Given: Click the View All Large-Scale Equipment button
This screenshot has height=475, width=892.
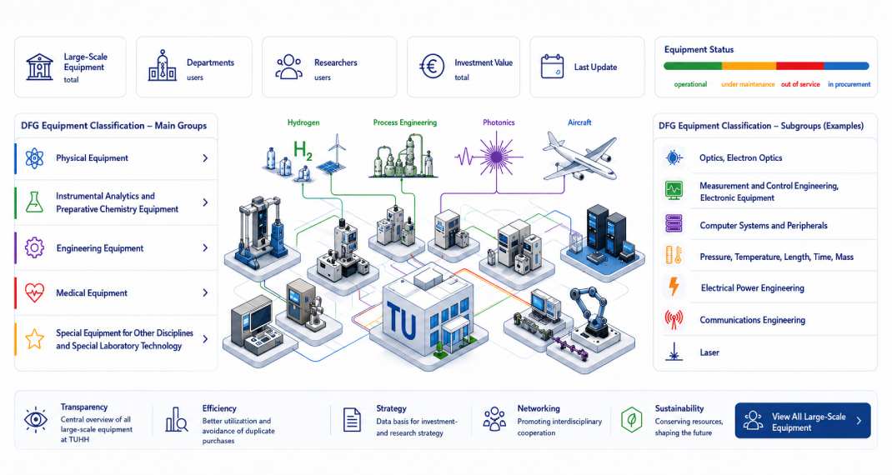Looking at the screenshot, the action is (802, 421).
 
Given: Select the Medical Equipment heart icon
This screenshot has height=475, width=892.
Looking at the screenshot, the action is (35, 293).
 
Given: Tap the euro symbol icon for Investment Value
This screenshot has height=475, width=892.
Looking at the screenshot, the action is (432, 67).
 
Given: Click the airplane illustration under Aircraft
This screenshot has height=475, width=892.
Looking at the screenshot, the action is (579, 156).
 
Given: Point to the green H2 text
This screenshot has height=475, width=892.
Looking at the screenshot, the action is (303, 151).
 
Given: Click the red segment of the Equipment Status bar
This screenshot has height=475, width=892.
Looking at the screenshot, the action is (799, 66).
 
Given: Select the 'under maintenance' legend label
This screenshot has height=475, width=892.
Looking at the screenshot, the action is (748, 84).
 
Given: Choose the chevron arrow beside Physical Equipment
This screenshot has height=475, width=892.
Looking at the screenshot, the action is (205, 158).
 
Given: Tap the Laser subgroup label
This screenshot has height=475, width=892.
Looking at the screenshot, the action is (709, 352).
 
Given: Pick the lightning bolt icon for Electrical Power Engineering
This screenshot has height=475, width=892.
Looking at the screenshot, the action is (674, 287).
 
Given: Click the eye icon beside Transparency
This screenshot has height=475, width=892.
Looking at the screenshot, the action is (35, 420).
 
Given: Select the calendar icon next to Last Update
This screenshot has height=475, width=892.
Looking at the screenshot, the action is (552, 67).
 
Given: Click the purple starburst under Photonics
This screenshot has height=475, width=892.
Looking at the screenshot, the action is (497, 156).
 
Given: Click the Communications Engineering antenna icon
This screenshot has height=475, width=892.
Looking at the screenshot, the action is (674, 320).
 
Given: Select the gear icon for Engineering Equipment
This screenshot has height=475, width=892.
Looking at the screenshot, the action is (35, 248).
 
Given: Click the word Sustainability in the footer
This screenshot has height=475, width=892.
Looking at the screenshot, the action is (679, 408).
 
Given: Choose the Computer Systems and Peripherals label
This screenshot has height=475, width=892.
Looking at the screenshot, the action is (764, 226).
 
